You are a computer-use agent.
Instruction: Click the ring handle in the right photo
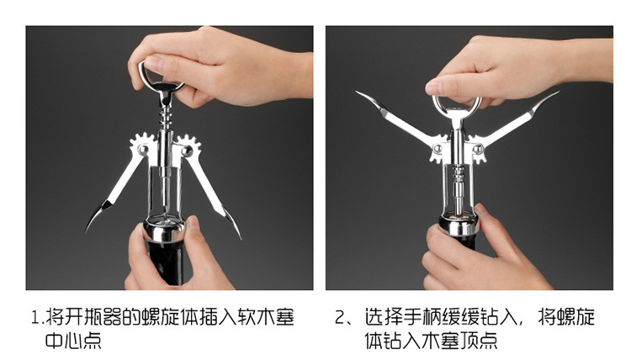(x=456, y=104)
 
